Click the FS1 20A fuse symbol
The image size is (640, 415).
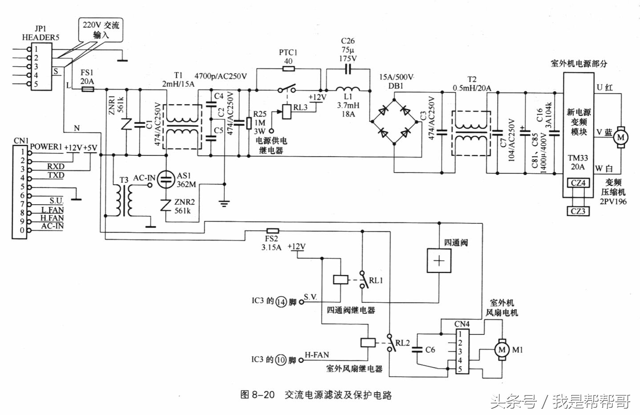click(x=88, y=89)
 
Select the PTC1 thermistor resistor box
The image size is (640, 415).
click(x=288, y=69)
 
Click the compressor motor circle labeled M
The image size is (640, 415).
click(x=620, y=137)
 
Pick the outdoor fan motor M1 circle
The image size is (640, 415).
click(x=502, y=350)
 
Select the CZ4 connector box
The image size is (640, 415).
click(x=578, y=183)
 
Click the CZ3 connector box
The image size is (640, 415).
click(x=578, y=211)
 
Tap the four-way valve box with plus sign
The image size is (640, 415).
click(x=439, y=260)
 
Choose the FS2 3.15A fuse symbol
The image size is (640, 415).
click(x=272, y=231)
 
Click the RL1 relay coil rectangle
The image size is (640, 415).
click(x=340, y=280)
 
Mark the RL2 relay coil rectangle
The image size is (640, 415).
click(x=367, y=342)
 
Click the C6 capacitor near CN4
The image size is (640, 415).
click(x=417, y=350)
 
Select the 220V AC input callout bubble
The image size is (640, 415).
click(x=101, y=30)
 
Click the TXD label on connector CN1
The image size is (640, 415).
click(x=56, y=175)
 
